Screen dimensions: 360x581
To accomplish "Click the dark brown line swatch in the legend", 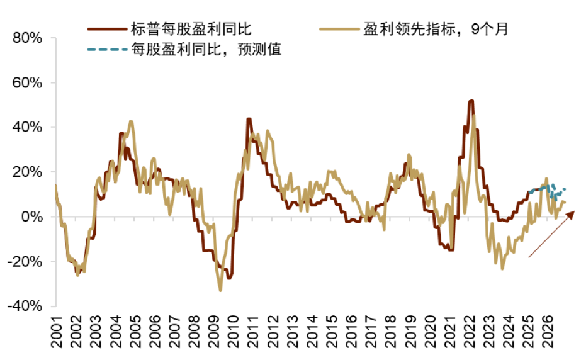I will pyautogui.click(x=106, y=28).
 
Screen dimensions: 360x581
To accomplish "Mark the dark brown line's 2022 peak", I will pyautogui.click(x=471, y=101).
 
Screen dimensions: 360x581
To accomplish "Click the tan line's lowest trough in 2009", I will pyautogui.click(x=220, y=290).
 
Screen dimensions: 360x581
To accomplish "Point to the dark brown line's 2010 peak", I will pyautogui.click(x=249, y=119).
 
